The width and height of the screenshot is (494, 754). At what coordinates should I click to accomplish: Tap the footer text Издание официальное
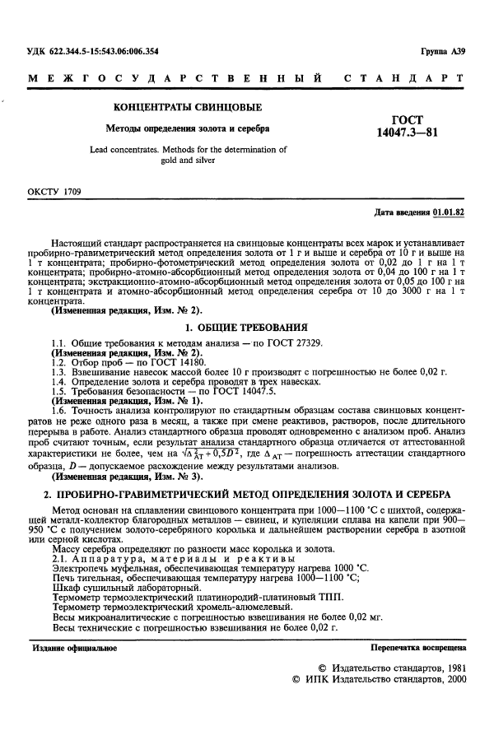75,647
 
